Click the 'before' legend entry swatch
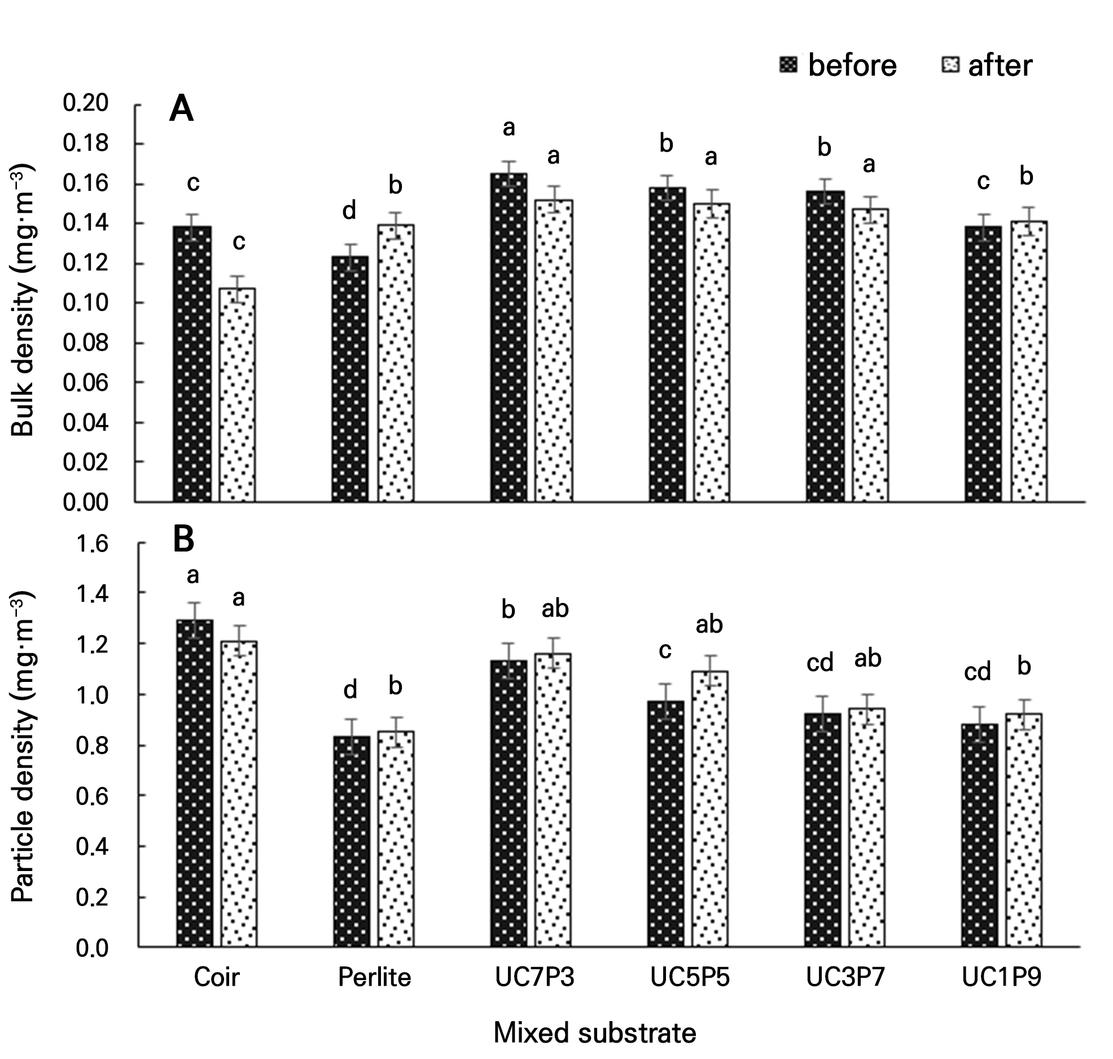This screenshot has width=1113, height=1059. pos(788,65)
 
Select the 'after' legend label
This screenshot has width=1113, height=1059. pos(1000,66)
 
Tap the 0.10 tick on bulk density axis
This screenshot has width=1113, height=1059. pos(85,303)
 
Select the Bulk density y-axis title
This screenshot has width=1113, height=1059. pos(23,300)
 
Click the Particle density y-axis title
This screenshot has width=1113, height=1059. pos(23,747)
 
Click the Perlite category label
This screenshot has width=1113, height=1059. pos(374,977)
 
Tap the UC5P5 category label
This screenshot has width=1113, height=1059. pos(690,977)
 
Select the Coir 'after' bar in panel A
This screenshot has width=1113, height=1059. pos(237,395)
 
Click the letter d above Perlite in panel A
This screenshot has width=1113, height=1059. pos(350,211)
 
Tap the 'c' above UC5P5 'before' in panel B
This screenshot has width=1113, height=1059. pos(665,651)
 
